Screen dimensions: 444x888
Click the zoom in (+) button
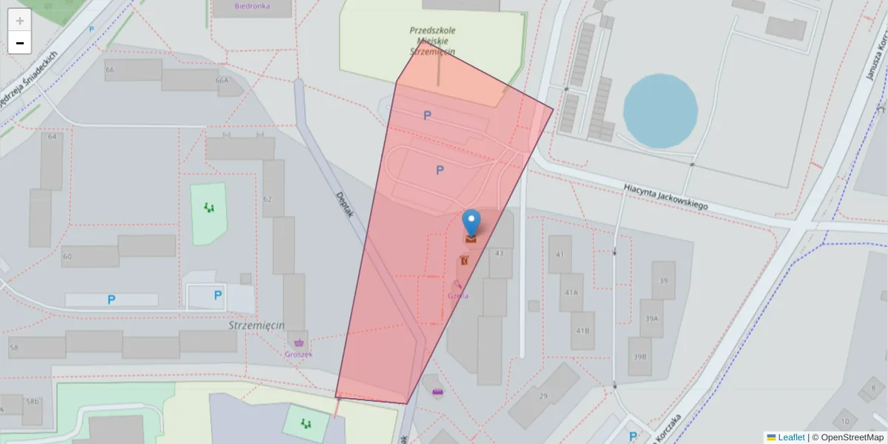(19, 21)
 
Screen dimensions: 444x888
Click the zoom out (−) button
(19, 43)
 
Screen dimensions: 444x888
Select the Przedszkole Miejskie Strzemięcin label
(432, 41)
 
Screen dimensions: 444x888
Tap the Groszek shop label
(298, 354)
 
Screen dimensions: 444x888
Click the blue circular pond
(660, 110)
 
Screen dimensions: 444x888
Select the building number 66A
(221, 80)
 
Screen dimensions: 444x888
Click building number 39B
(639, 356)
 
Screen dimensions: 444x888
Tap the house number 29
(542, 397)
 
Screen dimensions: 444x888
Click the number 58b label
(32, 402)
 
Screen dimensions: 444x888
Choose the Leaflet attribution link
(791, 437)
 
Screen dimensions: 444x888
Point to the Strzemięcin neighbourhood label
(257, 325)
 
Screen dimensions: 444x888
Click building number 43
(499, 253)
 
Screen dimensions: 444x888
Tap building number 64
(52, 137)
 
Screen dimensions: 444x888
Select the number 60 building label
(67, 256)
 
